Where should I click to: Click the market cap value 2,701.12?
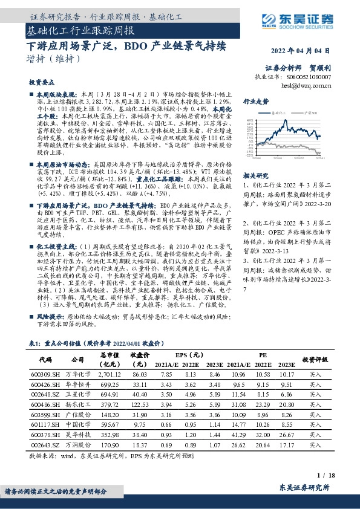(x=110, y=375)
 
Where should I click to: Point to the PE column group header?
(x=263, y=355)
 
